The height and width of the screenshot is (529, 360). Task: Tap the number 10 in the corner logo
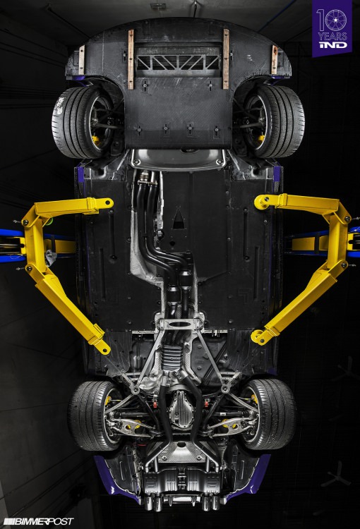tap(332, 20)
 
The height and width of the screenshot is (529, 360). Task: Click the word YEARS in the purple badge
tap(332, 36)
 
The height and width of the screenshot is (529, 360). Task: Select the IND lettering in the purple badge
tap(332, 44)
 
